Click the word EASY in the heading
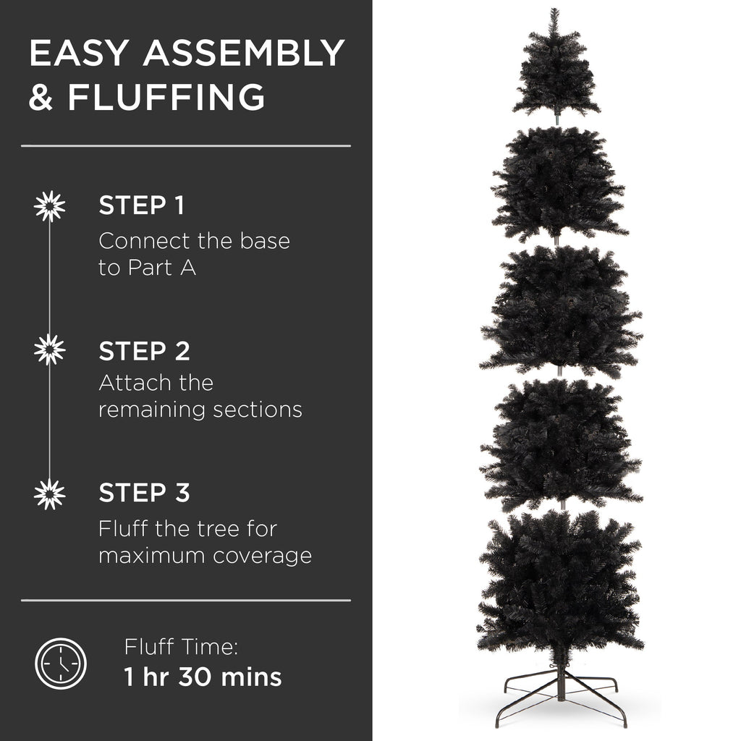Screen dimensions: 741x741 tap(80, 54)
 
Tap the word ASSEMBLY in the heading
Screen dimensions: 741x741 tap(243, 54)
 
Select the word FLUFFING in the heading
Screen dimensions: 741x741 tap(166, 98)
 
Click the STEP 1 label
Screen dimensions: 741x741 tap(141, 206)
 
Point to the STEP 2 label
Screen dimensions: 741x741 tap(144, 351)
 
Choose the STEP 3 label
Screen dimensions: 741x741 tap(144, 493)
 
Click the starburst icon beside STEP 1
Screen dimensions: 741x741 tap(49, 206)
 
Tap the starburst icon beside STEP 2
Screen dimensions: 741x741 tap(49, 350)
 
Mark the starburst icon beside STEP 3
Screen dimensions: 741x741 tap(49, 494)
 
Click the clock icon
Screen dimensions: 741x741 tap(61, 663)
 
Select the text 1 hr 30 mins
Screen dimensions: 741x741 tap(203, 677)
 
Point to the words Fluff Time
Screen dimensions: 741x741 tap(181, 646)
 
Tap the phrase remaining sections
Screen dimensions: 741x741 tap(200, 410)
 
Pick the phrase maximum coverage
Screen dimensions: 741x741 tap(205, 556)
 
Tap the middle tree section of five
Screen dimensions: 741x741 tap(560, 311)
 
